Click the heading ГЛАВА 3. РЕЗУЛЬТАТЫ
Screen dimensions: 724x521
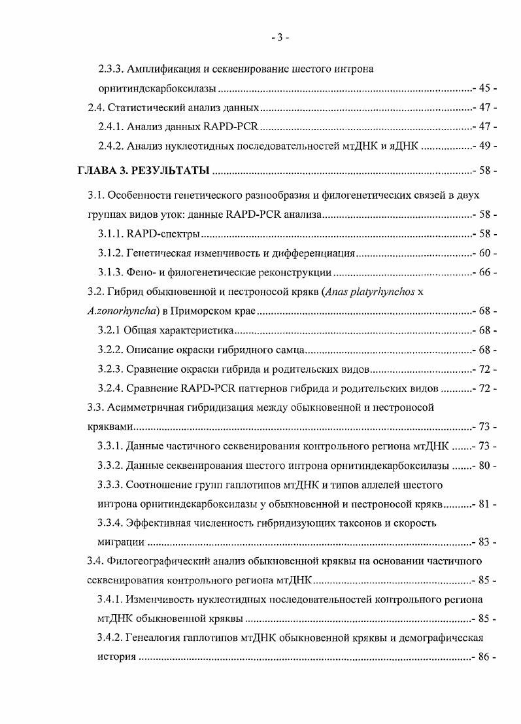click(x=143, y=171)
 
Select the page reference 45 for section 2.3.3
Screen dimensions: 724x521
click(x=484, y=88)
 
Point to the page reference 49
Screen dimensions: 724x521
click(x=484, y=146)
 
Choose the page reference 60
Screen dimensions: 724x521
click(x=484, y=253)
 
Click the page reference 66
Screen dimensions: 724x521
click(x=484, y=272)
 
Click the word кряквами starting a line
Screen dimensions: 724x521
click(x=109, y=427)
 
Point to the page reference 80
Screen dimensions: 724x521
click(x=484, y=466)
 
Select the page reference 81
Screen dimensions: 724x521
click(x=484, y=504)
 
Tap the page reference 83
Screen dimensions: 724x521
click(x=484, y=542)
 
